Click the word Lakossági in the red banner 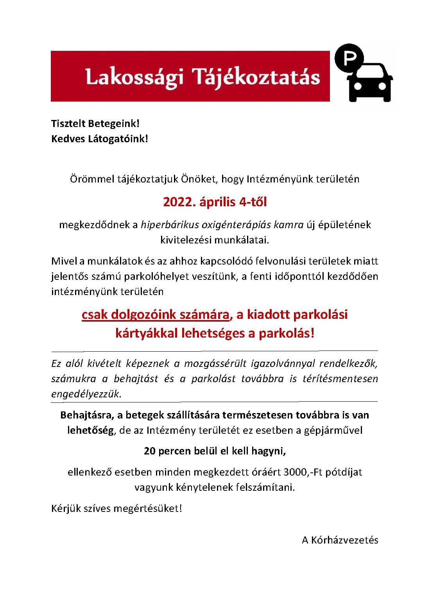134,77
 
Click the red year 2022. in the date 179,202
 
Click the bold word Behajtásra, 86,415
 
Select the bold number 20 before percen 149,451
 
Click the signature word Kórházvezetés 344,540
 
